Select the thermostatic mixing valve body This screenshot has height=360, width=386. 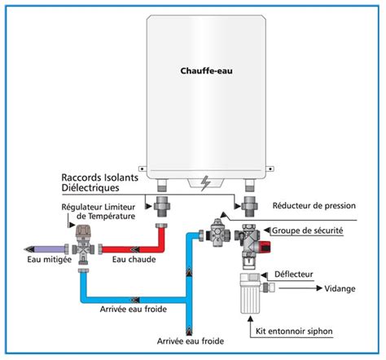[x=81, y=242]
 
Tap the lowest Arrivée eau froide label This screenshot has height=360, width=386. [x=192, y=340]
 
